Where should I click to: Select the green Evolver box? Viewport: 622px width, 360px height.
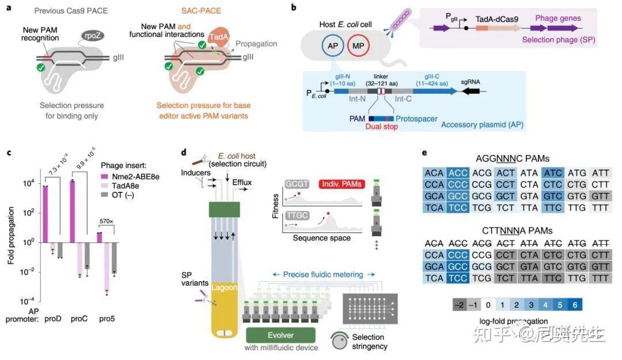[x=280, y=336]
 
